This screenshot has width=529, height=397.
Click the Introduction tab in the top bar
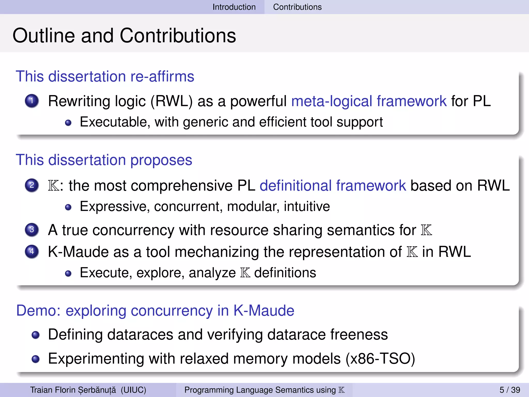coord(234,7)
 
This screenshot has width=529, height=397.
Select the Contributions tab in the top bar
coord(297,7)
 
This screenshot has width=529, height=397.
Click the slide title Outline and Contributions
coord(124,35)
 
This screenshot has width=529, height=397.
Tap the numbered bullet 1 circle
coord(32,101)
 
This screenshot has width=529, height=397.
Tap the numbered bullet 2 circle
coord(32,185)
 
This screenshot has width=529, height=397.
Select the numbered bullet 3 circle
coord(32,230)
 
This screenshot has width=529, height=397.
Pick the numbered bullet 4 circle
coord(32,251)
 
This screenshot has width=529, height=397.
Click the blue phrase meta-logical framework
coord(369,101)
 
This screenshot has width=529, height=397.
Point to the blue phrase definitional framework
coord(333,186)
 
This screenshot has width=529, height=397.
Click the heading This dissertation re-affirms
coord(105,77)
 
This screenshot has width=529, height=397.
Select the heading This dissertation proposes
coord(104,160)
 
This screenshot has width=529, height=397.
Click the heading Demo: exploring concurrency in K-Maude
coord(155,310)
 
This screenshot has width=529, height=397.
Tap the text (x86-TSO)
coord(380,359)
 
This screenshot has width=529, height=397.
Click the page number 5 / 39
coord(510,390)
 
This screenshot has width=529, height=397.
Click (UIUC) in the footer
coord(133,390)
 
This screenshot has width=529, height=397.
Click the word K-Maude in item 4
coord(88,252)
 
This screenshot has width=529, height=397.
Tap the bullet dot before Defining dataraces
coord(35,335)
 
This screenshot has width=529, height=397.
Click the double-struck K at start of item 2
coord(53,186)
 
